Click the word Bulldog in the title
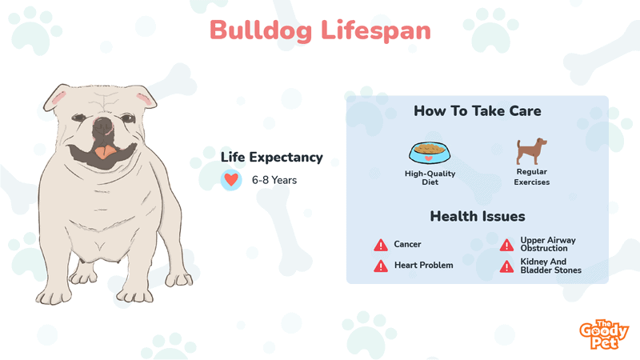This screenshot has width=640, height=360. [262, 31]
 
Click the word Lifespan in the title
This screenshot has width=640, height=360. [376, 31]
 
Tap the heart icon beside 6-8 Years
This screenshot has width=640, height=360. [231, 180]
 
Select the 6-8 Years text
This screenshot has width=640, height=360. [274, 180]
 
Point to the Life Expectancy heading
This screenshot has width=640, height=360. [272, 157]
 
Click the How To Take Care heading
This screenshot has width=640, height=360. [478, 111]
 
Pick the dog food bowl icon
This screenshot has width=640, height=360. [430, 153]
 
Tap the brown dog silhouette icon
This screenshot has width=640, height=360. [531, 151]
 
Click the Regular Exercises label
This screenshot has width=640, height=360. [532, 177]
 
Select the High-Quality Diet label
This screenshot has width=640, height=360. [430, 178]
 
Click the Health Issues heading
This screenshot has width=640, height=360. [478, 216]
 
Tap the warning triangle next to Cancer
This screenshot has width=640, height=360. [381, 245]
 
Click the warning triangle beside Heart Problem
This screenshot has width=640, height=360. [381, 266]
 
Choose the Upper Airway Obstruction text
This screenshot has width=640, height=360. [548, 244]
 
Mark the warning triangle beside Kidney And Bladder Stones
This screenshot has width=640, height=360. [507, 266]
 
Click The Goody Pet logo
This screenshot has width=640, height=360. [604, 334]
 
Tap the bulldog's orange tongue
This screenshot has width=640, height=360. [106, 152]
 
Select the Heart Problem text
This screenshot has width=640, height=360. [424, 266]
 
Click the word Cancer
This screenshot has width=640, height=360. [407, 244]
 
